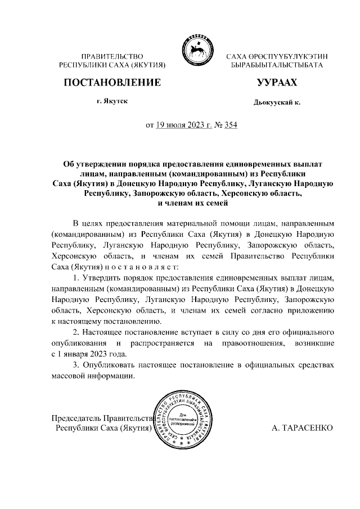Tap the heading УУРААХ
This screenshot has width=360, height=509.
(276, 83)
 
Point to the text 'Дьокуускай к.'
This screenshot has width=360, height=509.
(277, 103)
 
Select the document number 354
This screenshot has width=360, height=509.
(231, 125)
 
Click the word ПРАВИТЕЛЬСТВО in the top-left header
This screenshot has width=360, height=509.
(112, 57)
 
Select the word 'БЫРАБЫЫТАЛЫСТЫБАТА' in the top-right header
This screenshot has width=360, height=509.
(277, 66)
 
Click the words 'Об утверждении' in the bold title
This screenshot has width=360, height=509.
(96, 164)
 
